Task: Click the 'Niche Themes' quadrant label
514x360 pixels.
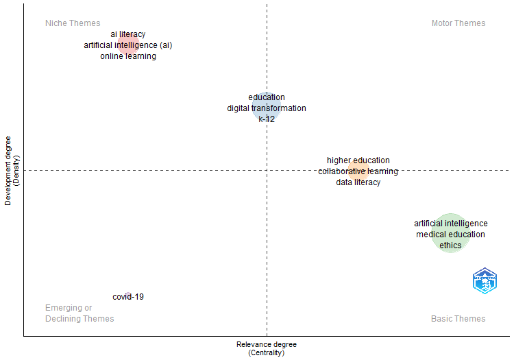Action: tap(73, 23)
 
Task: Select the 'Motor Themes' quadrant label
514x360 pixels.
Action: tap(458, 23)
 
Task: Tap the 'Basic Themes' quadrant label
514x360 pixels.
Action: tap(458, 319)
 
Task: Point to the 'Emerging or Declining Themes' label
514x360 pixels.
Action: tap(79, 313)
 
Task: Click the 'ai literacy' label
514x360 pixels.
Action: tap(128, 34)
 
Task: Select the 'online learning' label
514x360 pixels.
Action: tap(128, 56)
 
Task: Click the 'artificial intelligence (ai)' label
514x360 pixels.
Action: tap(128, 45)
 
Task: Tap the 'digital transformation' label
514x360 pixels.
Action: tap(267, 108)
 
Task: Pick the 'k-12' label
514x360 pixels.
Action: tap(267, 119)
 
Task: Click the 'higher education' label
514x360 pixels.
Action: tap(358, 160)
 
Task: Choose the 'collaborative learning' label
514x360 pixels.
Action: tap(358, 171)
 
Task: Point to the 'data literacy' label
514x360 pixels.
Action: tap(358, 182)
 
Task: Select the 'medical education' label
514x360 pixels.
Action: tap(450, 235)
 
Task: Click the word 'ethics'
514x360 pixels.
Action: tap(450, 245)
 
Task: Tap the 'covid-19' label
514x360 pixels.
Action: tap(128, 297)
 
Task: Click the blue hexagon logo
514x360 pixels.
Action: tap(485, 281)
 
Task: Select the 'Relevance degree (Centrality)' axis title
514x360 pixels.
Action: tap(266, 348)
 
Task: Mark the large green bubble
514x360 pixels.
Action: tap(450, 233)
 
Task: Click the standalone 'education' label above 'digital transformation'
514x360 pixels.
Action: tap(267, 97)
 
